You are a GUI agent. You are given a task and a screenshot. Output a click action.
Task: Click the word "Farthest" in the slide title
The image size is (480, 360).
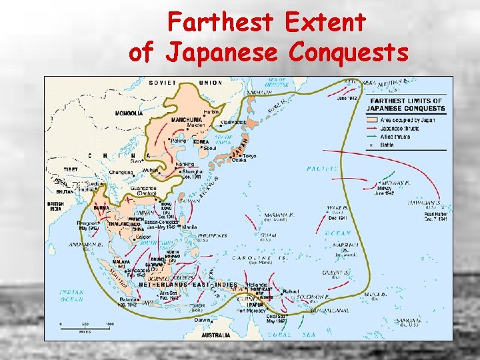click(x=220, y=23)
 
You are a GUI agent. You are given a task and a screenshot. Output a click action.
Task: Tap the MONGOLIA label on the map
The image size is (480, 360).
click(x=128, y=113)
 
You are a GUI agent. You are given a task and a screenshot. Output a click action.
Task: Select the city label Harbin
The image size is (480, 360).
click(x=211, y=111)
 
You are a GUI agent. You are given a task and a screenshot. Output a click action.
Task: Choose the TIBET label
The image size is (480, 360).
click(x=71, y=169)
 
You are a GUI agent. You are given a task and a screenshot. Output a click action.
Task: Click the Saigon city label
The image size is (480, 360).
click(x=142, y=236)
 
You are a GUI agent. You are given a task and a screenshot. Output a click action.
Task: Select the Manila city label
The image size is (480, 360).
click(x=189, y=227)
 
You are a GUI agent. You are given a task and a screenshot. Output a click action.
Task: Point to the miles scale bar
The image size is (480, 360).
click(x=85, y=325)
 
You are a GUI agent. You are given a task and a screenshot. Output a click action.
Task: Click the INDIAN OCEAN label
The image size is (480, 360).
click(x=71, y=296)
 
